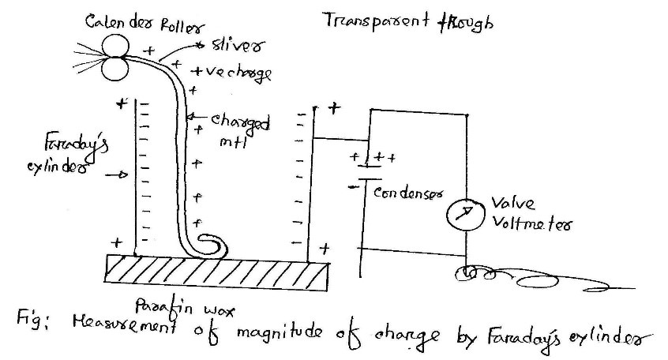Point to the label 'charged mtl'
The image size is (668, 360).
(239, 130)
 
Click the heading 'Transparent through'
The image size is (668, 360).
(408, 21)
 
